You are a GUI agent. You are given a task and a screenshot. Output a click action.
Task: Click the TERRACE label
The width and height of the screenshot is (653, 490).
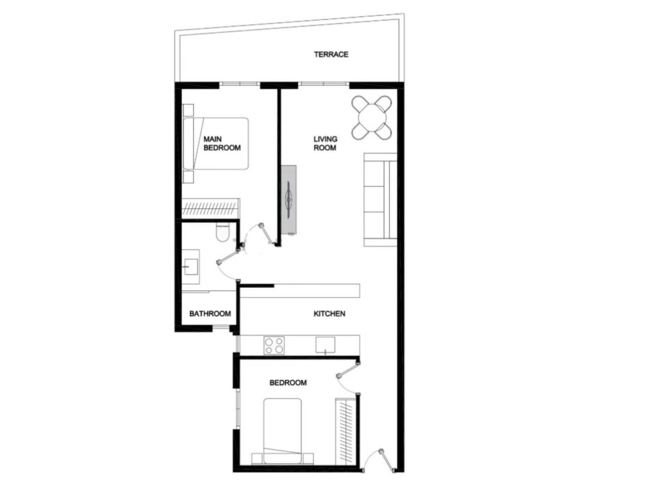pyautogui.click(x=331, y=54)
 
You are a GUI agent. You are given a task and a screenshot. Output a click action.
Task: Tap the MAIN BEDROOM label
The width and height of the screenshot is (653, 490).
pyautogui.click(x=222, y=143)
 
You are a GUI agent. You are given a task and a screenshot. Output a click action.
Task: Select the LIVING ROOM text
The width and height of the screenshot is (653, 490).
pyautogui.click(x=325, y=143)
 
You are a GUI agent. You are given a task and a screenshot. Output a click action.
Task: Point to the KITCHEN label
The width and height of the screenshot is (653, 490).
pyautogui.click(x=329, y=314)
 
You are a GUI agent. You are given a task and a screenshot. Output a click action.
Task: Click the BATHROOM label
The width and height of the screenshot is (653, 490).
pyautogui.click(x=210, y=314)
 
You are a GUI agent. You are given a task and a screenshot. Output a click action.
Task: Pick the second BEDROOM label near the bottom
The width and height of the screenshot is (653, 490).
pyautogui.click(x=288, y=383)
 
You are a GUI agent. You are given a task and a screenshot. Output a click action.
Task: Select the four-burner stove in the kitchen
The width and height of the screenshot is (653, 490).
pyautogui.click(x=274, y=345)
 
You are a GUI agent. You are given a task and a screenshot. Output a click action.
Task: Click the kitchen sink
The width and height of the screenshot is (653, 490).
pyautogui.click(x=325, y=345)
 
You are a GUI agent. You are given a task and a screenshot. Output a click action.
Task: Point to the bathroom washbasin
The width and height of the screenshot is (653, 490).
pyautogui.click(x=191, y=267)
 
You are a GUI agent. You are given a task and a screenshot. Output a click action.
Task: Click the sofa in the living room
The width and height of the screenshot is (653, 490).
pyautogui.click(x=380, y=200)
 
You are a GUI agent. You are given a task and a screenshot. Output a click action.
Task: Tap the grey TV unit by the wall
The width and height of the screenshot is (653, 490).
pyautogui.click(x=289, y=200)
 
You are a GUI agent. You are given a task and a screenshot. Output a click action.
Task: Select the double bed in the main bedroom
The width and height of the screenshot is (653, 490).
pyautogui.click(x=215, y=144)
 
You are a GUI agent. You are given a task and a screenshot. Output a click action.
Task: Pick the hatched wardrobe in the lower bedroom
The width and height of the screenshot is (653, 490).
pyautogui.click(x=346, y=431)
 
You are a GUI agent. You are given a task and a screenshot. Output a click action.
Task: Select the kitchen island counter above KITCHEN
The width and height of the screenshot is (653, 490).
pyautogui.click(x=300, y=291)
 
